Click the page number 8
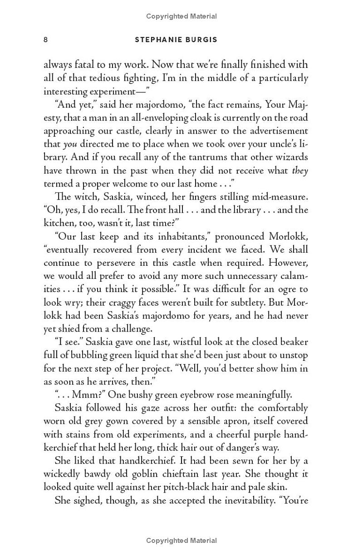pyautogui.click(x=45, y=40)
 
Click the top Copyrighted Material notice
pyautogui.click(x=181, y=16)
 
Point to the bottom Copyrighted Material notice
pyautogui.click(x=181, y=541)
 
